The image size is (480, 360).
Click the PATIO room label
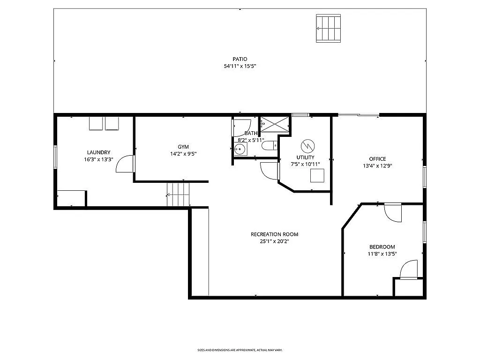tap(240, 59)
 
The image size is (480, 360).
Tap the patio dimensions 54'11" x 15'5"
tap(240, 67)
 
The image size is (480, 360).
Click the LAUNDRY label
tap(98, 152)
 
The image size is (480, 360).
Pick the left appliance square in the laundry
tap(96, 123)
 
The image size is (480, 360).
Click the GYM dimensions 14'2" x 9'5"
tap(183, 154)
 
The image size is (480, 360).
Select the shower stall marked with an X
tap(275, 124)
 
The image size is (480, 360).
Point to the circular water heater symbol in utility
tap(307, 145)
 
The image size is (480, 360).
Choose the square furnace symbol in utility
tap(317, 175)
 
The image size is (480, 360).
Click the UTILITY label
tap(305, 157)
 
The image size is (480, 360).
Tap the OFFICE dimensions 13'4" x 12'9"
tap(377, 165)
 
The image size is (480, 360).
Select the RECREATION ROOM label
tap(274, 234)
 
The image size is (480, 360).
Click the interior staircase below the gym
tap(179, 194)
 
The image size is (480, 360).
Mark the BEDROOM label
tap(382, 247)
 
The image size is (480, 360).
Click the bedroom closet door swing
tap(408, 269)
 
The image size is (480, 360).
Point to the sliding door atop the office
tap(359, 115)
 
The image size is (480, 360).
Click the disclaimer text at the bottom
tap(240, 350)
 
